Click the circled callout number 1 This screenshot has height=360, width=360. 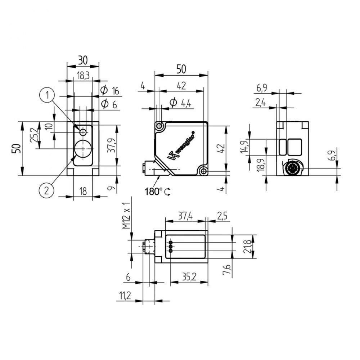(47, 95)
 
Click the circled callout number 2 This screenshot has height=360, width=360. (46, 190)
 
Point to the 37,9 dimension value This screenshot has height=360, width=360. (112, 145)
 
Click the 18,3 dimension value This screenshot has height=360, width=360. (83, 76)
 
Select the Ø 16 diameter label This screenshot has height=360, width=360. (110, 91)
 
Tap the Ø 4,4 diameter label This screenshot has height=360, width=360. (180, 103)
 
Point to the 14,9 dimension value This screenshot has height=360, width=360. (244, 147)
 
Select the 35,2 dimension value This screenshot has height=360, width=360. (189, 277)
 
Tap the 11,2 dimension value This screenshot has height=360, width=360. (125, 296)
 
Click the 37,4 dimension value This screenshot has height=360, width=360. (185, 216)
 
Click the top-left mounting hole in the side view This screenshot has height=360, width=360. (159, 126)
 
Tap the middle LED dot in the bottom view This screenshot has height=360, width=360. (171, 247)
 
